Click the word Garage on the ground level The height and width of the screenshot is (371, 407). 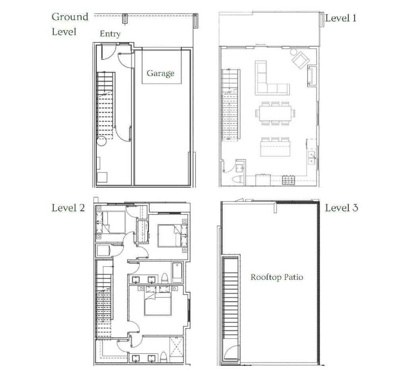(160, 73)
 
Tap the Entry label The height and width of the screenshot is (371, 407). (110, 34)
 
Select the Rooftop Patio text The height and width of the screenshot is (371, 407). (276, 277)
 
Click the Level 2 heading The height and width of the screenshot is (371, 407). (68, 208)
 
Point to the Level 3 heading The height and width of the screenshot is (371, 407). (341, 208)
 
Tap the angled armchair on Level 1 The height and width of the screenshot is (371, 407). (300, 59)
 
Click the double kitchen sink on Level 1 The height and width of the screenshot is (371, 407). (312, 158)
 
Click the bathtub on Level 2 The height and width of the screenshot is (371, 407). (177, 272)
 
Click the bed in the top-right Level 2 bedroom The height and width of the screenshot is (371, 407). (170, 235)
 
